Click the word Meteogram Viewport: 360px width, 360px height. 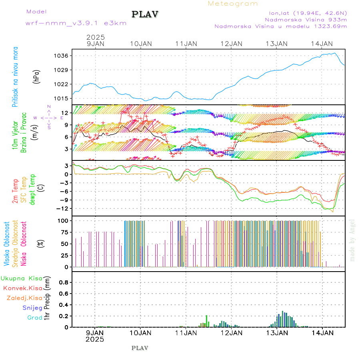(233, 4)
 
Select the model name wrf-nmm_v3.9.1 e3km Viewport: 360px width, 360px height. (76, 23)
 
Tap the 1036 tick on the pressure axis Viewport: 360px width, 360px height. (62, 56)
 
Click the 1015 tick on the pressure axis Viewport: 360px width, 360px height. (62, 98)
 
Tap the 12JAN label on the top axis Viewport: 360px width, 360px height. (232, 44)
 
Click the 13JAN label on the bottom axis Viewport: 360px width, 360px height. (277, 332)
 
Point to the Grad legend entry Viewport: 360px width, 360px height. (34, 318)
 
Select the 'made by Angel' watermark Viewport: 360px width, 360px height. (352, 240)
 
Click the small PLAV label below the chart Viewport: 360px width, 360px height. (140, 348)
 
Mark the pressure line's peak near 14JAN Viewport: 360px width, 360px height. (334, 53)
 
